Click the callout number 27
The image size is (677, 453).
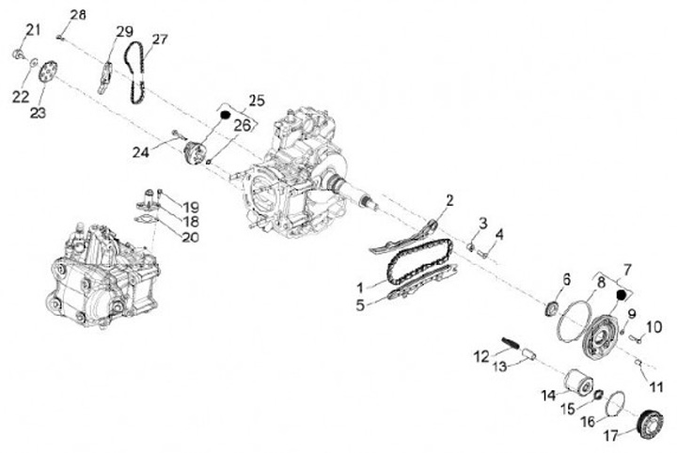[x=159, y=39]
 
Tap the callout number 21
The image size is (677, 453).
[x=33, y=30]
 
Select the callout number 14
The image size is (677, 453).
[x=547, y=396]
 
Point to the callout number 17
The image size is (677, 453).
[x=613, y=435]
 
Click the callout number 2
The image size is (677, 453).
[x=449, y=200]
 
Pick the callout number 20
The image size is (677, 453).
[x=191, y=238]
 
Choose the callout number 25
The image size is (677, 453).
[x=257, y=100]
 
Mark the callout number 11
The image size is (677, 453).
[x=656, y=385]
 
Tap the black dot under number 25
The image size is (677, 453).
[x=226, y=115]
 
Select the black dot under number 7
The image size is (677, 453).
[x=621, y=294]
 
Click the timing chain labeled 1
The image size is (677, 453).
[x=414, y=263]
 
